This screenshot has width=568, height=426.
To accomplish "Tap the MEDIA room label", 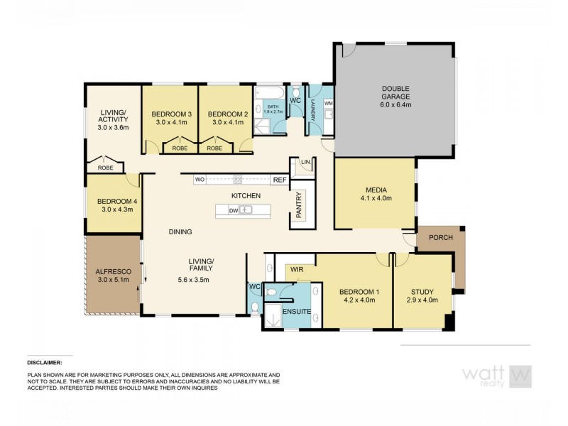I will pyautogui.click(x=376, y=190).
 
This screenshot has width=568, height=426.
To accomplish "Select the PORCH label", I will pyautogui.click(x=440, y=239).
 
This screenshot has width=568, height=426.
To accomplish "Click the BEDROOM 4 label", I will pyautogui.click(x=114, y=201).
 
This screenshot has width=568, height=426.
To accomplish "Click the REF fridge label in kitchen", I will pyautogui.click(x=279, y=180).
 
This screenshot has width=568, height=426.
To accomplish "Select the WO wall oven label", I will pyautogui.click(x=200, y=180).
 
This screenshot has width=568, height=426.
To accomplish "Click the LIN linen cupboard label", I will pyautogui.click(x=305, y=163).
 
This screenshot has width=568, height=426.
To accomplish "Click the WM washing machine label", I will pyautogui.click(x=328, y=104).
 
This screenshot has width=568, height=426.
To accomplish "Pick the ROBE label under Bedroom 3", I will pyautogui.click(x=175, y=149).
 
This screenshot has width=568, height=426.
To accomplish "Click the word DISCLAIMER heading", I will pyautogui.click(x=45, y=361).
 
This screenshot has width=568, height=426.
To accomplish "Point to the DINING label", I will pyautogui.click(x=180, y=231).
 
